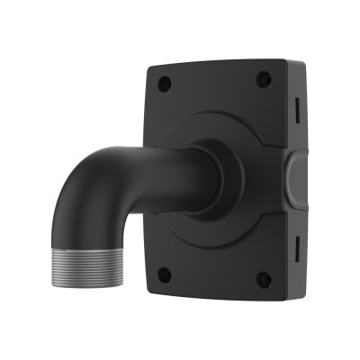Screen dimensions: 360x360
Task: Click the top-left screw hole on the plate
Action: [165, 84]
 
